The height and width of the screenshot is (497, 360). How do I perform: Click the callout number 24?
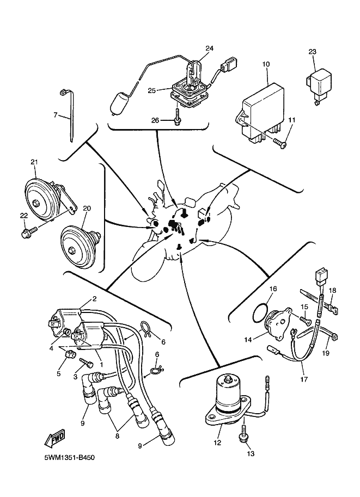(x=209, y=48)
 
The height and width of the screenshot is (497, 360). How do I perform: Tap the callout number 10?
(x=266, y=64)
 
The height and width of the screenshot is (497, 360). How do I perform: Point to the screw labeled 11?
(x=280, y=143)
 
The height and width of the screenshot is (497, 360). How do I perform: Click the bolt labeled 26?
(x=178, y=118)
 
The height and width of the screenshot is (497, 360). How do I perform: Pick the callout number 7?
(x=55, y=115)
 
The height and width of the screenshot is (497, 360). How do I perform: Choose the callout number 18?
(x=332, y=291)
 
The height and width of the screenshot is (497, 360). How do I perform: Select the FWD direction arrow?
(x=54, y=439)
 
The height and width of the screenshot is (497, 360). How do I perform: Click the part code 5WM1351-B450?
(x=69, y=458)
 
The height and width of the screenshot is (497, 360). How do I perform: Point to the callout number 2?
(x=94, y=299)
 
